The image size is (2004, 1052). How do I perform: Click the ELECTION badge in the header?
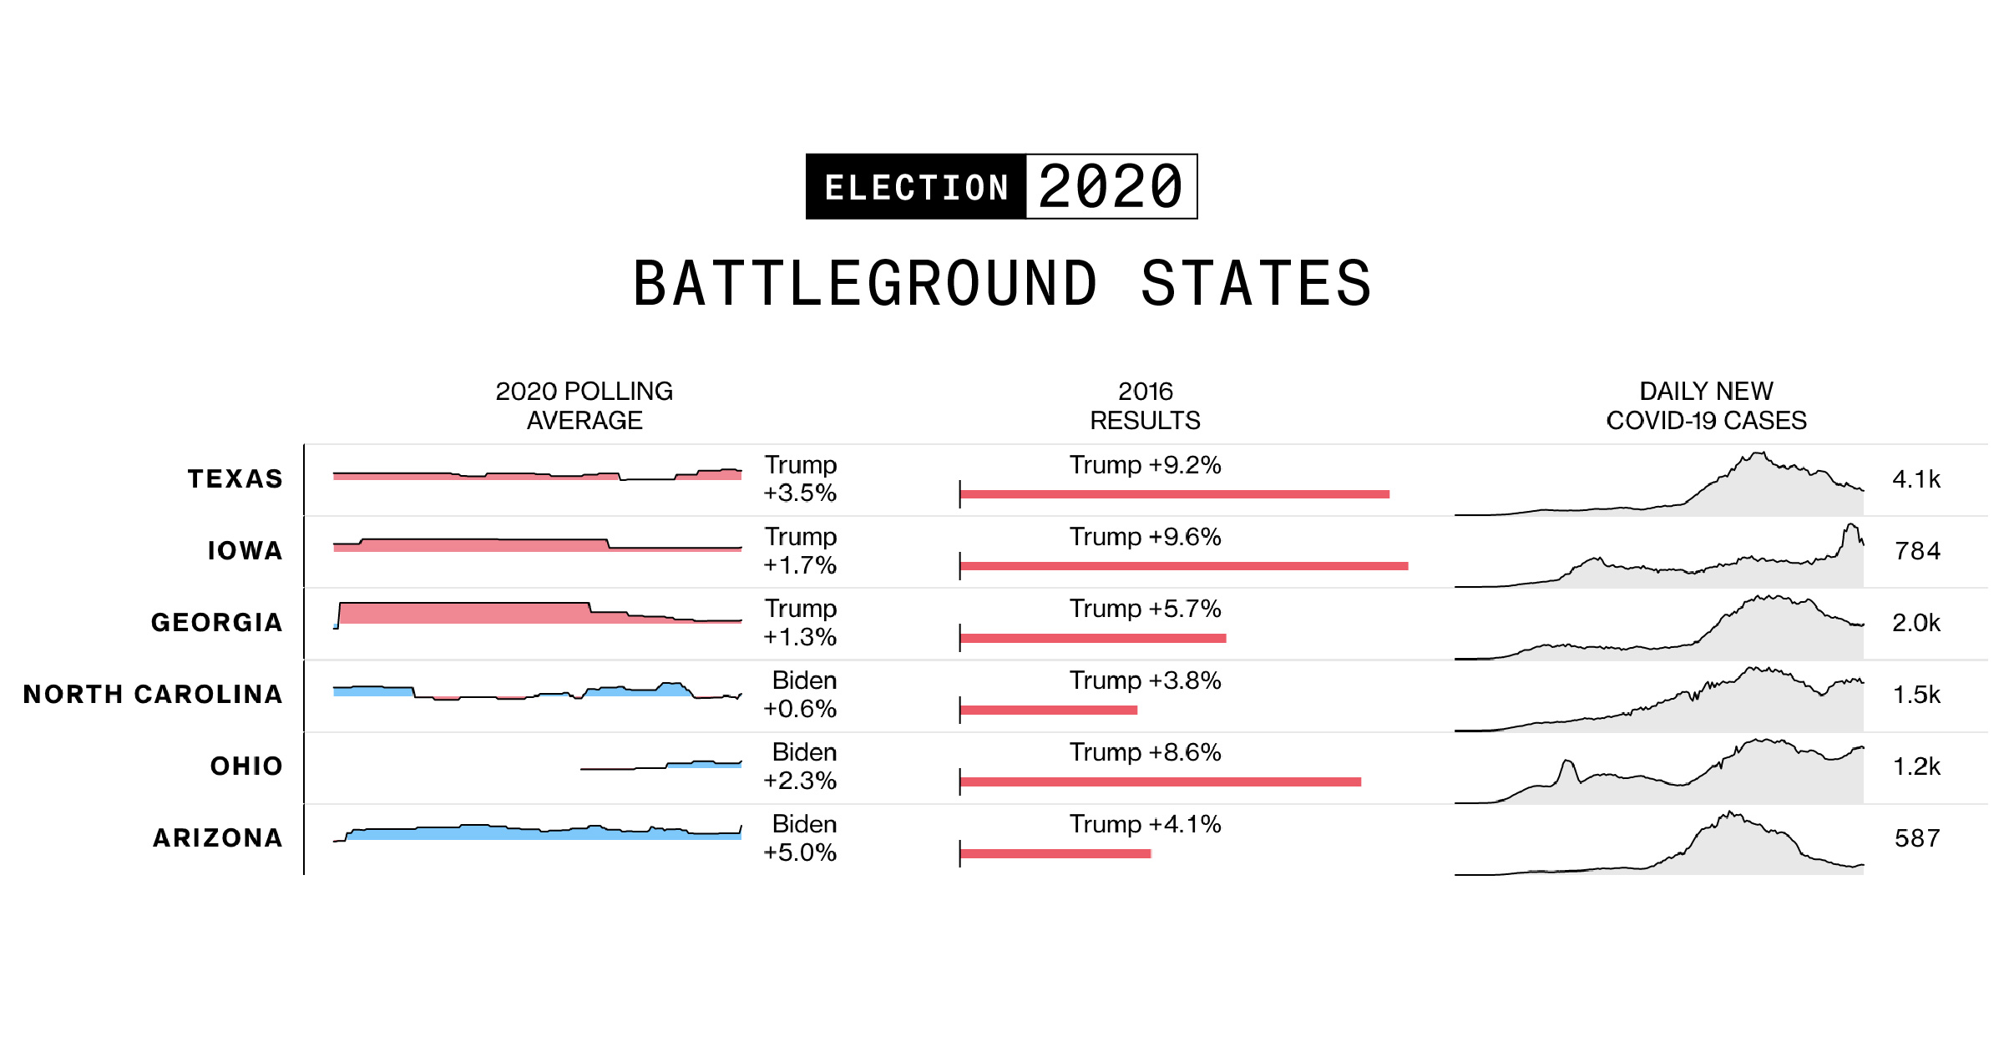(916, 187)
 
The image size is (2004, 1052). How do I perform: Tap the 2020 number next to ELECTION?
(1111, 187)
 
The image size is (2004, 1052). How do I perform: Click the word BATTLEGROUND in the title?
(865, 284)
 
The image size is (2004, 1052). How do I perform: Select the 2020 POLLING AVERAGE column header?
(584, 406)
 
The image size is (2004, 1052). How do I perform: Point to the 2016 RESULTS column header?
(1145, 406)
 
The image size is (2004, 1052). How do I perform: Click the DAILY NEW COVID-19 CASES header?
(1706, 406)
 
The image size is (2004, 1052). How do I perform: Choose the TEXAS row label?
(235, 479)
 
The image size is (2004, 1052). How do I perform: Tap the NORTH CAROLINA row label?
(153, 695)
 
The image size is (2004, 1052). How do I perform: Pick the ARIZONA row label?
(218, 838)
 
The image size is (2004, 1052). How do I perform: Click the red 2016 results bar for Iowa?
(1184, 566)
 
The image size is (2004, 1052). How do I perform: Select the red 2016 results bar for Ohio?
(1161, 782)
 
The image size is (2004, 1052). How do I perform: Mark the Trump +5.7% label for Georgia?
(1145, 609)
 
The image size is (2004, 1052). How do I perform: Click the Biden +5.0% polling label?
(800, 838)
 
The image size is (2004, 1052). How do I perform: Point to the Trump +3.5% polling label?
(800, 479)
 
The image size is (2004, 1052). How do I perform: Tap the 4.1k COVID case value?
(1916, 479)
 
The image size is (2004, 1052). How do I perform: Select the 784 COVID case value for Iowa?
(1917, 551)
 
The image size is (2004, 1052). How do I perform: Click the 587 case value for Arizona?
(1917, 838)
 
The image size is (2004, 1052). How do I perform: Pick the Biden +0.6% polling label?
(800, 695)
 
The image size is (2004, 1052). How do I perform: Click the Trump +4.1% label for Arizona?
(1145, 825)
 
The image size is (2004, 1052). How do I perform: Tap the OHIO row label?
(246, 766)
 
